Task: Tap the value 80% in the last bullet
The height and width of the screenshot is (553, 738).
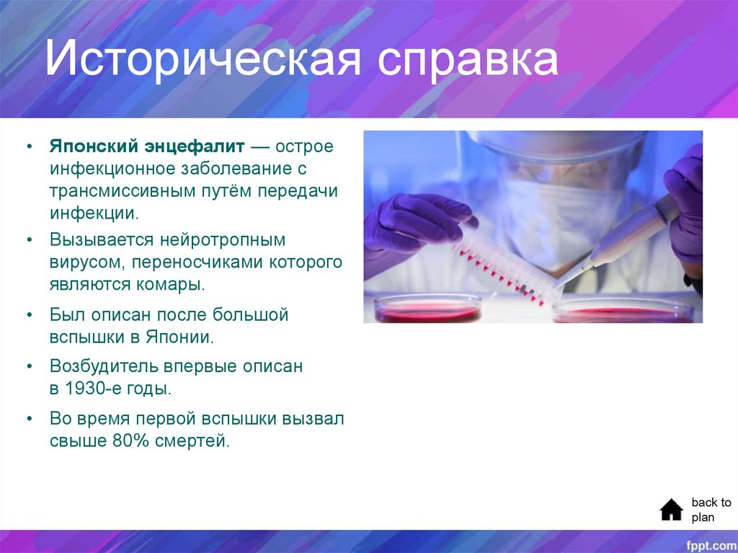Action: pos(130,441)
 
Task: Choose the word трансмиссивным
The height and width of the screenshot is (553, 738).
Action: pos(127,191)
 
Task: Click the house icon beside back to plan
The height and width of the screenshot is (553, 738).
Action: pos(671,510)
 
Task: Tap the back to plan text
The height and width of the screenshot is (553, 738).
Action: pos(711,510)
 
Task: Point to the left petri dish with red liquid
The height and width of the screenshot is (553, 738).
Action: pos(428,310)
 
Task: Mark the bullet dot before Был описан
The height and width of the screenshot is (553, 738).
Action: pos(29,315)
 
